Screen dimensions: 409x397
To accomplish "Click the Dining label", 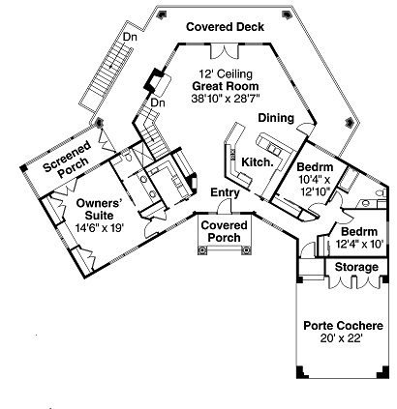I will [x=276, y=118].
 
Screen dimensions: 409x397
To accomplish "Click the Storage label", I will [x=355, y=267].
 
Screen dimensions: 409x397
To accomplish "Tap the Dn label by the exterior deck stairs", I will [x=128, y=37].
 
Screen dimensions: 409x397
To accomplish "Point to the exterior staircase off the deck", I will [x=107, y=82].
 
